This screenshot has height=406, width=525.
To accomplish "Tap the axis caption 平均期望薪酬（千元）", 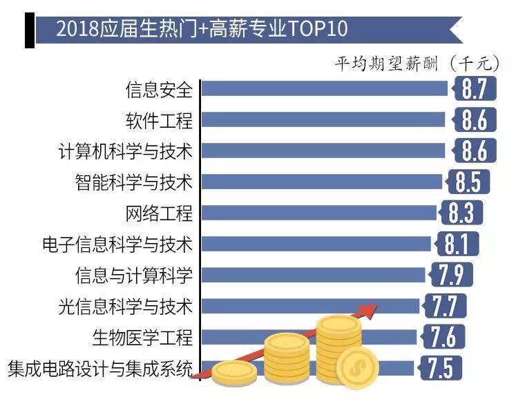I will click(417, 64).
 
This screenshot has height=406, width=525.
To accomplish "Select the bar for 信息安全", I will click(325, 89).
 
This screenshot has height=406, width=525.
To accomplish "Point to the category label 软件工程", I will click(159, 120).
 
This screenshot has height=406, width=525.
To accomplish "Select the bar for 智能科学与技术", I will click(321, 182).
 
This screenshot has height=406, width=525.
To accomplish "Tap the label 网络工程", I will click(159, 213).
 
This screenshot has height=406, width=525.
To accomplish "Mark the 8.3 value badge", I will click(461, 213).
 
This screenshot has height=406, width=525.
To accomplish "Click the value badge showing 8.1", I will click(457, 244).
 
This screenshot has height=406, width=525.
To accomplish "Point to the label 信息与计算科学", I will click(134, 275).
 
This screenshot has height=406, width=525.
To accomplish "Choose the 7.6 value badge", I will click(443, 337).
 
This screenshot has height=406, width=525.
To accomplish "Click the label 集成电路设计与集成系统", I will click(100, 368).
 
